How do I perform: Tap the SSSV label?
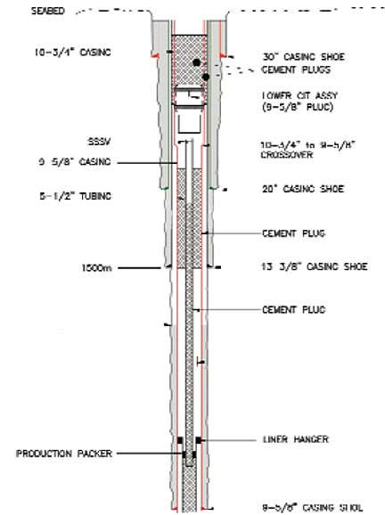point(97,142)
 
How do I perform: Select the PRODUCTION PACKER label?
point(55,454)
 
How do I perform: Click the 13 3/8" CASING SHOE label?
point(308,266)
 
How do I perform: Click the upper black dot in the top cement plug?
point(197,63)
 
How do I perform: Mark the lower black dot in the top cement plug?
point(206,78)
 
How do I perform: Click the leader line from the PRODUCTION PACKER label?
point(146,454)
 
